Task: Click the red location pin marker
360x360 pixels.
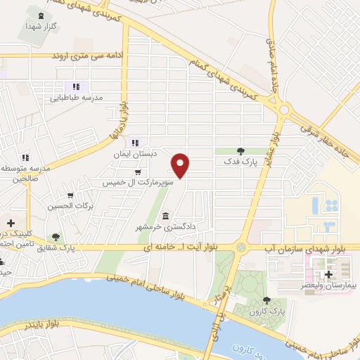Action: pyautogui.click(x=181, y=165)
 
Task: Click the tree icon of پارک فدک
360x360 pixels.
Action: pyautogui.click(x=240, y=151)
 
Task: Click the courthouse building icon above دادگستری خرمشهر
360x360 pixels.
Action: pyautogui.click(x=165, y=215)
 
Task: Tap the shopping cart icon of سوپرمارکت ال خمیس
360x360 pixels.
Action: pyautogui.click(x=138, y=172)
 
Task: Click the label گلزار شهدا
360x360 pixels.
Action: pyautogui.click(x=41, y=25)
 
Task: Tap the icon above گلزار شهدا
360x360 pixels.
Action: pyautogui.click(x=41, y=15)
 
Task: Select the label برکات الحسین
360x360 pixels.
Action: pyautogui.click(x=70, y=206)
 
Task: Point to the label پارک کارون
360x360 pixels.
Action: pyautogui.click(x=268, y=309)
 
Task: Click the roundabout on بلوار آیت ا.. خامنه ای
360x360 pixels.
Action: pyautogui.click(x=241, y=247)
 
